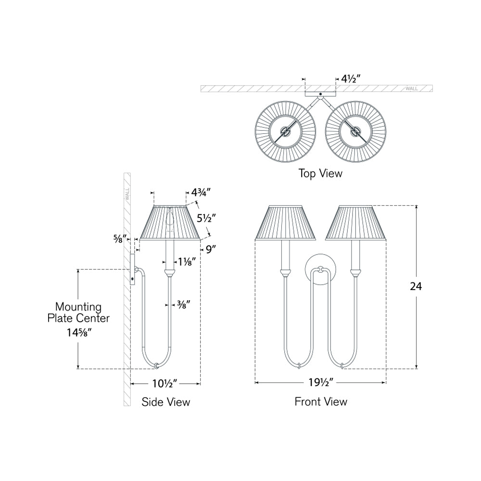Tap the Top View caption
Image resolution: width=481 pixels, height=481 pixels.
point(320,173)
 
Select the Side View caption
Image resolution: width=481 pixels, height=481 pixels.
point(166,402)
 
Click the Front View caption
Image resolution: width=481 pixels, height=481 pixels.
point(321,401)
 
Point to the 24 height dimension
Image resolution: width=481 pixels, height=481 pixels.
point(416,287)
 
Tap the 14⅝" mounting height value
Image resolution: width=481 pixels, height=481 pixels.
point(78,331)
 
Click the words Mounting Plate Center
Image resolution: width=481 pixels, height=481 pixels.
point(78,312)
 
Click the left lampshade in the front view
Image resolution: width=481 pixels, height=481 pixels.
point(285,222)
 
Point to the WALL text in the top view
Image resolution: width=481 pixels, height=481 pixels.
point(412,89)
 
